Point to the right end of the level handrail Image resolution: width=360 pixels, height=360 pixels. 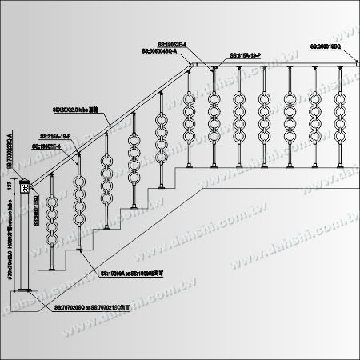coord(348,66)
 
